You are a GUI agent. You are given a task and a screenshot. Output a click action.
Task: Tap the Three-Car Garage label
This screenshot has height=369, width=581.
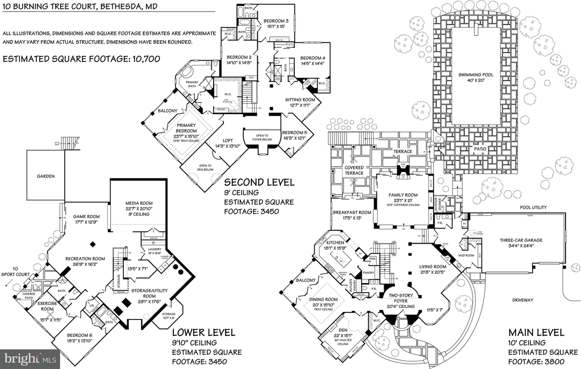pos(521,240)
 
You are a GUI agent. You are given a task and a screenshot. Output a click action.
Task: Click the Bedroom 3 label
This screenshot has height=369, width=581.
pos(276,21)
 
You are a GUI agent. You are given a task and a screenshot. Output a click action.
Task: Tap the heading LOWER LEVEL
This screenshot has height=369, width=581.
pos(204,332)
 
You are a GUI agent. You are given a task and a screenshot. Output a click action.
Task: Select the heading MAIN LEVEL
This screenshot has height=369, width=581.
pos(537,332)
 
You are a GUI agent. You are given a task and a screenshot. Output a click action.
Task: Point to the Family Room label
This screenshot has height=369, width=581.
pos(403,195)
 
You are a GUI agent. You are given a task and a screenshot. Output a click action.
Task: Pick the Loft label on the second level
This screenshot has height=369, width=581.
pos(228,140)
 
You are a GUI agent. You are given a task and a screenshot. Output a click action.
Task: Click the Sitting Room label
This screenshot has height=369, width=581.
pos(300,100)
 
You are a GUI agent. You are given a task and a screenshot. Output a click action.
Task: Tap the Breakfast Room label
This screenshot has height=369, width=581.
pos(352,212)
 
